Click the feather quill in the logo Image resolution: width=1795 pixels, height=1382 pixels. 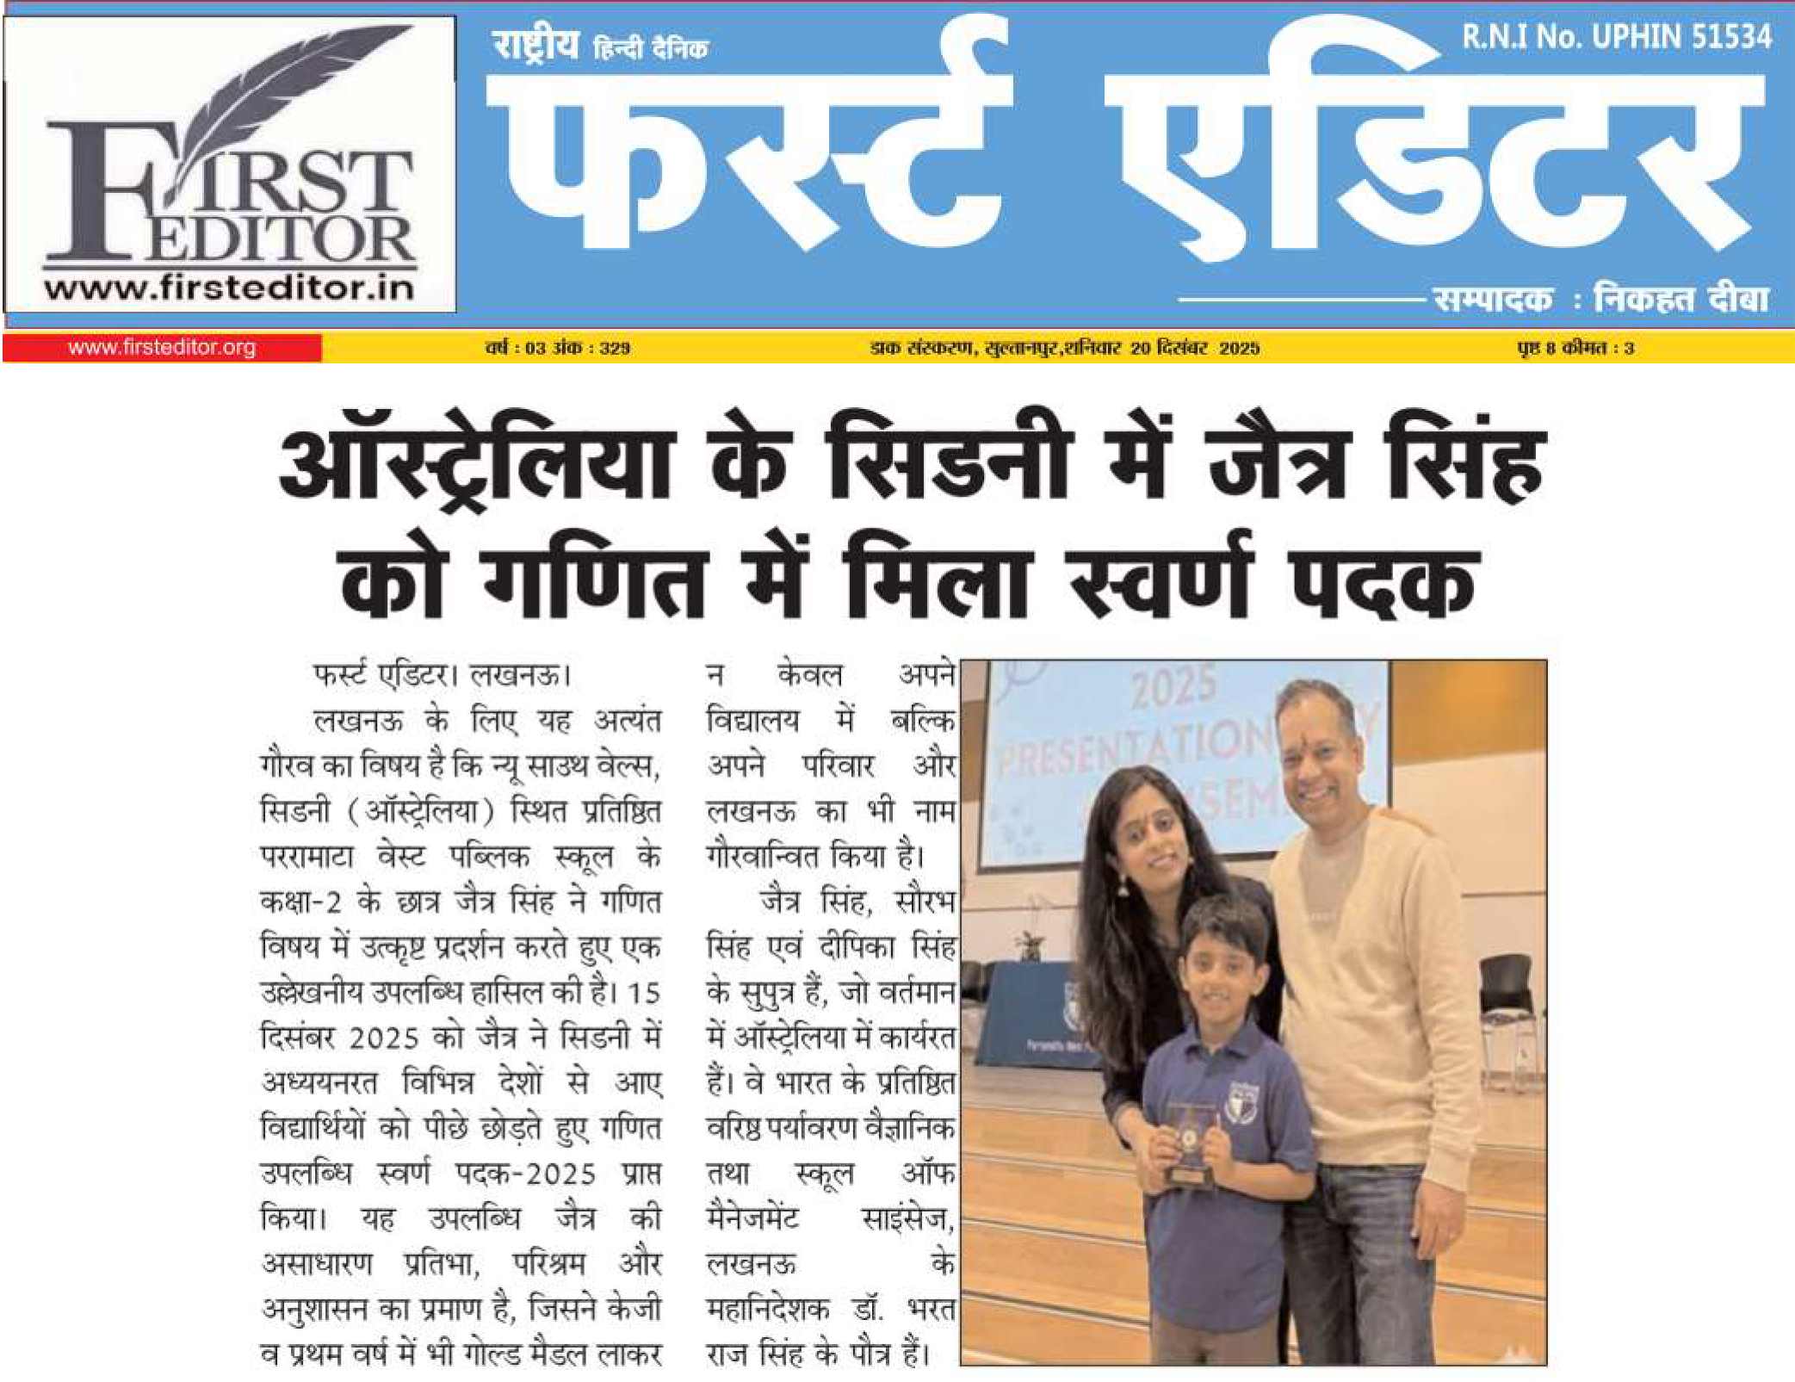(x=284, y=103)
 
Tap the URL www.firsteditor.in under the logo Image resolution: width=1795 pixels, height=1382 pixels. (x=229, y=288)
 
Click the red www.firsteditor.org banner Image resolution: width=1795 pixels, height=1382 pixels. (x=162, y=348)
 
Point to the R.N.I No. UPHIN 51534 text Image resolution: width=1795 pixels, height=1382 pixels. (x=1616, y=36)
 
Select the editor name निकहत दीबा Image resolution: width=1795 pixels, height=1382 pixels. (x=1680, y=299)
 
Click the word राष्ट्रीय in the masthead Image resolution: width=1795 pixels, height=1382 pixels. (x=535, y=45)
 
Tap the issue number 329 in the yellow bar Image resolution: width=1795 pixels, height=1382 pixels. (x=615, y=348)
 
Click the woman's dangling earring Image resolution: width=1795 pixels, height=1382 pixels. (x=1123, y=883)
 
